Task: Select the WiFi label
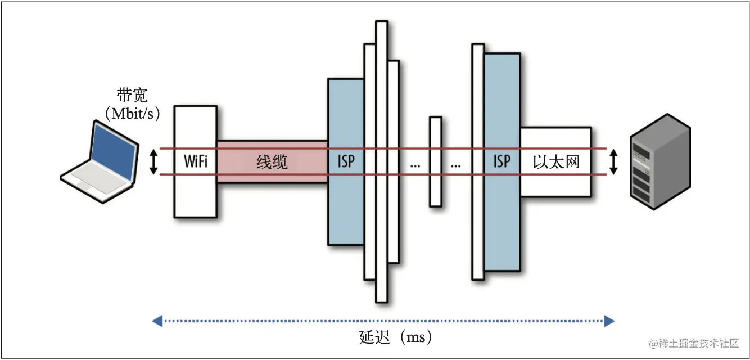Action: pyautogui.click(x=196, y=162)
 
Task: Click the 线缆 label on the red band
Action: pyautogui.click(x=272, y=162)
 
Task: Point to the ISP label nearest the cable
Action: pyautogui.click(x=346, y=162)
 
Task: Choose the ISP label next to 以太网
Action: pyautogui.click(x=501, y=162)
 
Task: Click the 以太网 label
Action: pyautogui.click(x=556, y=162)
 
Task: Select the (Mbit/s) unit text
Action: pyautogui.click(x=133, y=114)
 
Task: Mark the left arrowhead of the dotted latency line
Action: pyautogui.click(x=157, y=322)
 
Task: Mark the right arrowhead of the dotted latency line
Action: pyautogui.click(x=609, y=322)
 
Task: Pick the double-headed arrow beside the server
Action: pyautogui.click(x=614, y=162)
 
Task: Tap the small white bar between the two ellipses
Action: pyautogui.click(x=435, y=161)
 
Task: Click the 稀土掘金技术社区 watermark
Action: pyautogui.click(x=694, y=343)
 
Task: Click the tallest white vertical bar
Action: pyautogui.click(x=382, y=161)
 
